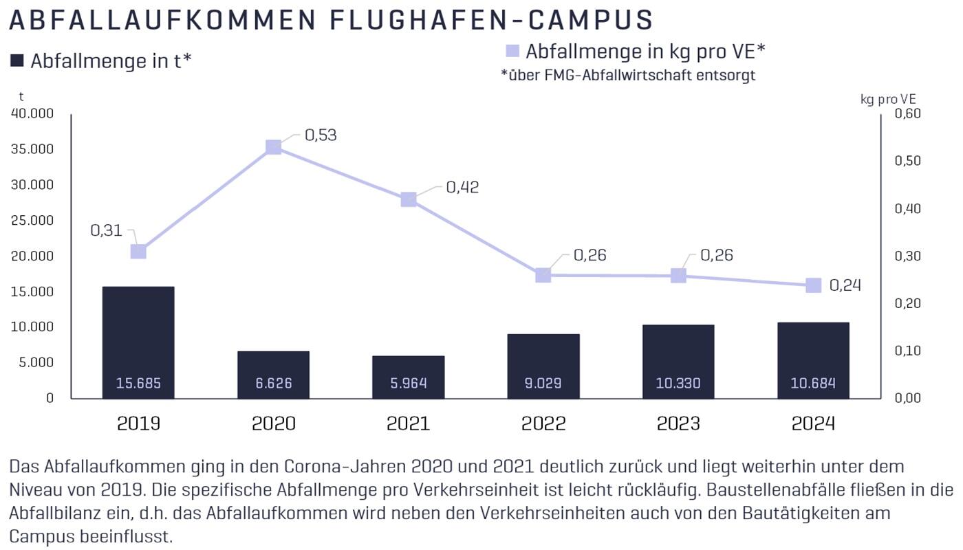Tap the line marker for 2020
pos(273,147)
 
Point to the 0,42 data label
pos(462,187)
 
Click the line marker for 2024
pos(813,285)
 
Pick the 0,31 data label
pos(106,230)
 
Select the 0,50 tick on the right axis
pos(907,161)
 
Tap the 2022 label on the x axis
pos(543,423)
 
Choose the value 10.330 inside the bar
pos(678,383)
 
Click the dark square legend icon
pos(17,61)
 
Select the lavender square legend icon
pos(512,52)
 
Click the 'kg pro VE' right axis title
pos(888,99)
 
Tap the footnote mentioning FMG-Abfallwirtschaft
pos(628,76)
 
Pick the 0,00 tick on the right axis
pos(907,398)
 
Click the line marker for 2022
pos(543,275)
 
